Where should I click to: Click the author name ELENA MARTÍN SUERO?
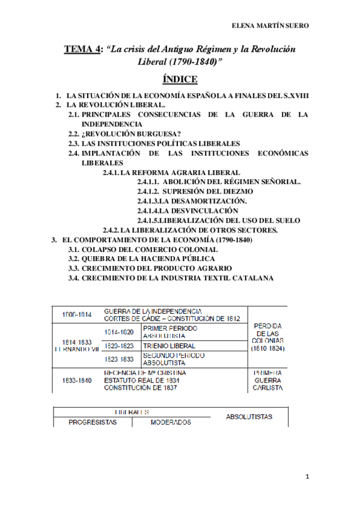pos(270,26)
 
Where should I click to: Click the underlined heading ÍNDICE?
pos(180,79)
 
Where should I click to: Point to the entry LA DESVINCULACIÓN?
pos(188,210)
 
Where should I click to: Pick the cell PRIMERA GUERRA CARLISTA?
pos(269,380)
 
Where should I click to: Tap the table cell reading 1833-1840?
pos(77,380)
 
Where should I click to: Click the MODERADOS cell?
pos(171,422)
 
